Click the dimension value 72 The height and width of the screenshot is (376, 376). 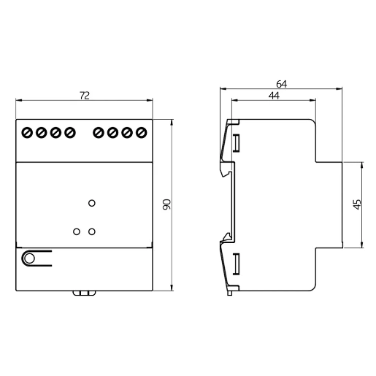[x=84, y=96]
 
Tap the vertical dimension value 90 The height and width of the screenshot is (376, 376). [x=166, y=205]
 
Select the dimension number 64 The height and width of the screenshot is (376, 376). [x=282, y=84]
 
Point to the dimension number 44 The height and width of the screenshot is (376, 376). [x=274, y=96]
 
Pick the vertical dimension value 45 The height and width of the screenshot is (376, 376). [x=356, y=205]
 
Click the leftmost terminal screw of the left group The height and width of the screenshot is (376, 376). [x=27, y=133]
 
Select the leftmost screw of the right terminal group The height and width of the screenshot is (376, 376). [x=99, y=133]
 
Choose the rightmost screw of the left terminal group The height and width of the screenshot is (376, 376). [x=69, y=133]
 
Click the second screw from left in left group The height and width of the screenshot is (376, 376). [x=41, y=133]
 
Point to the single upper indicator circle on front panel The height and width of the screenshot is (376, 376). [x=91, y=203]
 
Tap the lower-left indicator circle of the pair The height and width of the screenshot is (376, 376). [x=77, y=231]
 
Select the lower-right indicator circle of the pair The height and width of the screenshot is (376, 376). [x=91, y=231]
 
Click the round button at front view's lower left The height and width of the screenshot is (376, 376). [x=29, y=258]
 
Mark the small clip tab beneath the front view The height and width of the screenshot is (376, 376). [x=84, y=293]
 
